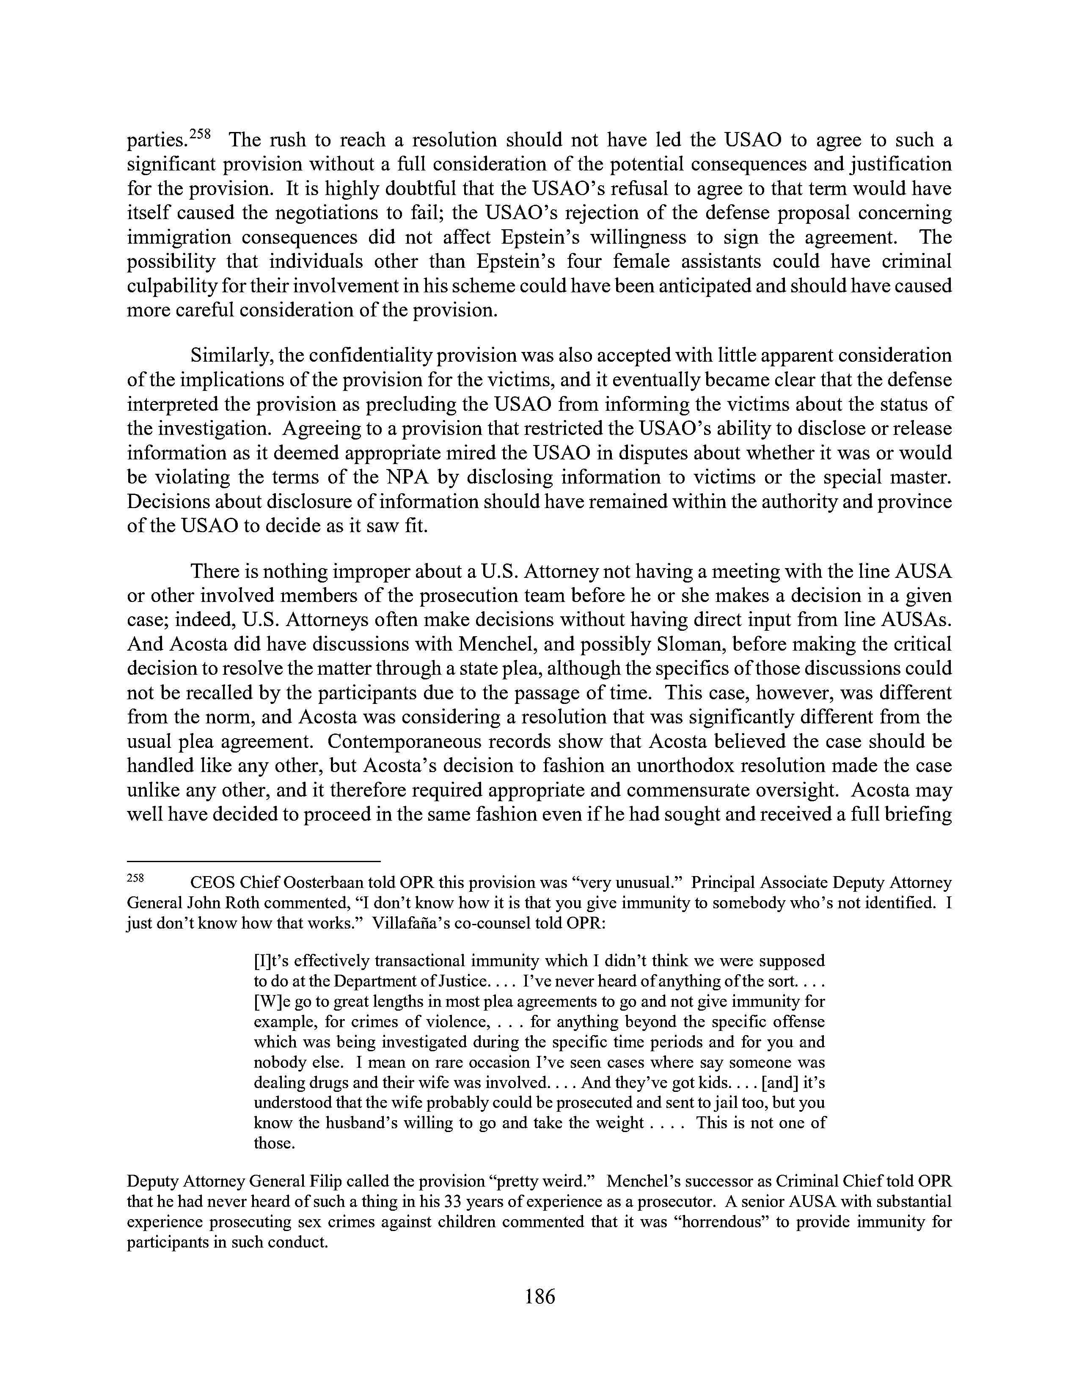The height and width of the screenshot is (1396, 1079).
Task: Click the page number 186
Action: pos(539,1297)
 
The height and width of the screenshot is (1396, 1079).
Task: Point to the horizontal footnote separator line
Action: pos(254,861)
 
